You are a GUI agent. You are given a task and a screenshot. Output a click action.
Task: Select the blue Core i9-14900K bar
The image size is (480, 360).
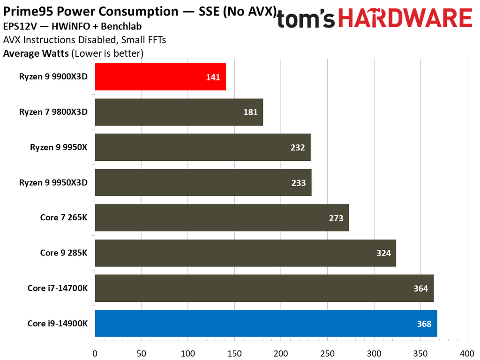point(266,323)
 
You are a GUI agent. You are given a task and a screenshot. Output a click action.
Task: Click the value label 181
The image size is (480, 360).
point(250,112)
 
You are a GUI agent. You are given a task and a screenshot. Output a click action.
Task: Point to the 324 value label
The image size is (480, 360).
point(383,253)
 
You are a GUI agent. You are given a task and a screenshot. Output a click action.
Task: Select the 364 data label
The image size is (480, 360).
point(420,288)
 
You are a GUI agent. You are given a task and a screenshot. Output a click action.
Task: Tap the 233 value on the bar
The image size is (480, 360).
point(299,183)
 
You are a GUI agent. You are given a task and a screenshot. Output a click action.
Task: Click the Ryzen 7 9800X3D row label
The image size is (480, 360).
point(53,112)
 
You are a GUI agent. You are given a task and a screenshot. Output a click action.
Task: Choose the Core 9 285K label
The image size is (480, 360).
point(64,253)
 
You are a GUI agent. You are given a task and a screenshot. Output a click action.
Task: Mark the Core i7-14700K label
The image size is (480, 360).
point(58,288)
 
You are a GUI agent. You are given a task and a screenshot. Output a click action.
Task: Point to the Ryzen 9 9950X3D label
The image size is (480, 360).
point(53,183)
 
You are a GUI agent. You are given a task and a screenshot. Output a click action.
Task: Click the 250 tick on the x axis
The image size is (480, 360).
point(328,352)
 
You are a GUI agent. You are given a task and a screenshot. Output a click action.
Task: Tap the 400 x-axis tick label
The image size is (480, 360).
point(467,352)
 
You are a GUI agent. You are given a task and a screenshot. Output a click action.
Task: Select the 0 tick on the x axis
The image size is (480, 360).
point(95,352)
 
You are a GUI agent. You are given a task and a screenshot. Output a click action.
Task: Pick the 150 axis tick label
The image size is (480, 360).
point(234,352)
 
